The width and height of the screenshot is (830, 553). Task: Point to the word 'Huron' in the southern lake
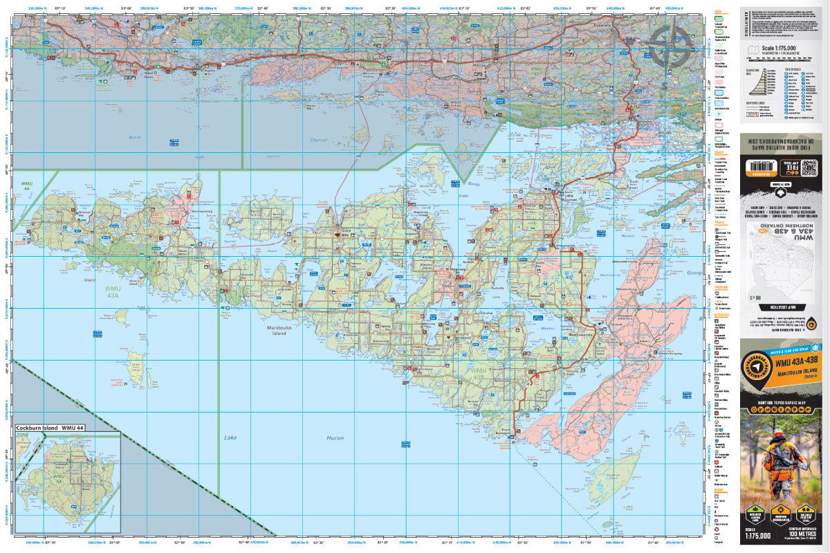pos(335,438)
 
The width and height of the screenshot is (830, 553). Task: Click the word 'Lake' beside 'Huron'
pos(230,438)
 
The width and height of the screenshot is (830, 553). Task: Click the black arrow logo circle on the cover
pos(757,368)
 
